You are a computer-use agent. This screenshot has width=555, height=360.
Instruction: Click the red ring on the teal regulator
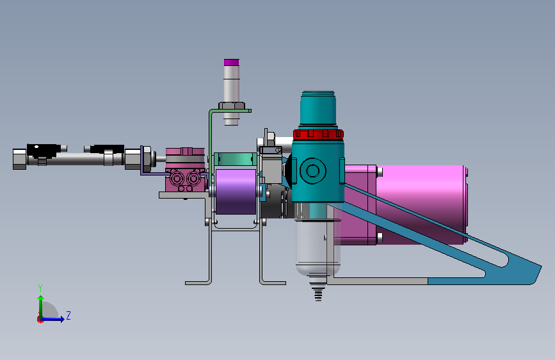coord(318,134)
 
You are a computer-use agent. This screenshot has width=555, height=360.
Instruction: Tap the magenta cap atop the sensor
coord(232,62)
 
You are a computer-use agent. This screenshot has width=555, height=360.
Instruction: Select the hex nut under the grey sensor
coord(232,106)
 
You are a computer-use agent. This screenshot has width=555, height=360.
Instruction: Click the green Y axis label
coord(40,288)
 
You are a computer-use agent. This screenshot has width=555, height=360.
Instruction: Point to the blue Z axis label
coord(68,315)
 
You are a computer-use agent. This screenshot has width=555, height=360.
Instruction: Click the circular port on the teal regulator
coord(313,171)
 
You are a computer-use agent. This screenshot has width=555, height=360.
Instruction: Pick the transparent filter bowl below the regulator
coord(318,247)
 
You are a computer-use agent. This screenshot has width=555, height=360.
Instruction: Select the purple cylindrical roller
coord(236,192)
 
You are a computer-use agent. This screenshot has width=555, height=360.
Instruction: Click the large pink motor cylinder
coord(421,204)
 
